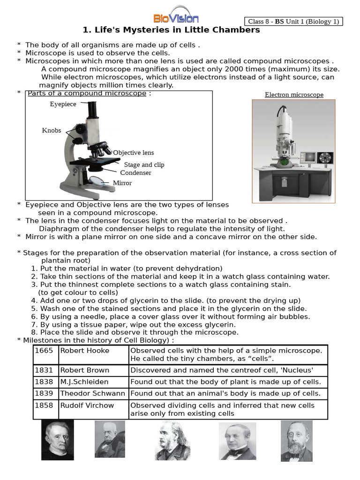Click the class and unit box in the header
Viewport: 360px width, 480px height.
[293, 22]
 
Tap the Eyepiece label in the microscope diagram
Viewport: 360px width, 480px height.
[63, 104]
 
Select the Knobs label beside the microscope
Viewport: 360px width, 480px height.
[52, 130]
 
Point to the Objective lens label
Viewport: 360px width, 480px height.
[133, 153]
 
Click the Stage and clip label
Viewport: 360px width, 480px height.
[144, 165]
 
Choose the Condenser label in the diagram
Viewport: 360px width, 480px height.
[135, 172]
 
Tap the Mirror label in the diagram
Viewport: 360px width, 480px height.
[122, 183]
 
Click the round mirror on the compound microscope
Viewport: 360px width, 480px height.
[97, 181]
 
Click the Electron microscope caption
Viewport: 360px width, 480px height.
[294, 95]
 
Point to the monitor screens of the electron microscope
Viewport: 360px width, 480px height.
[316, 157]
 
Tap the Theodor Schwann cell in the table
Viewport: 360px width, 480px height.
[93, 394]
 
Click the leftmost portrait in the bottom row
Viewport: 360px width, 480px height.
[57, 440]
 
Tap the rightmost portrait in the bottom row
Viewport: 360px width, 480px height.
[296, 441]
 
